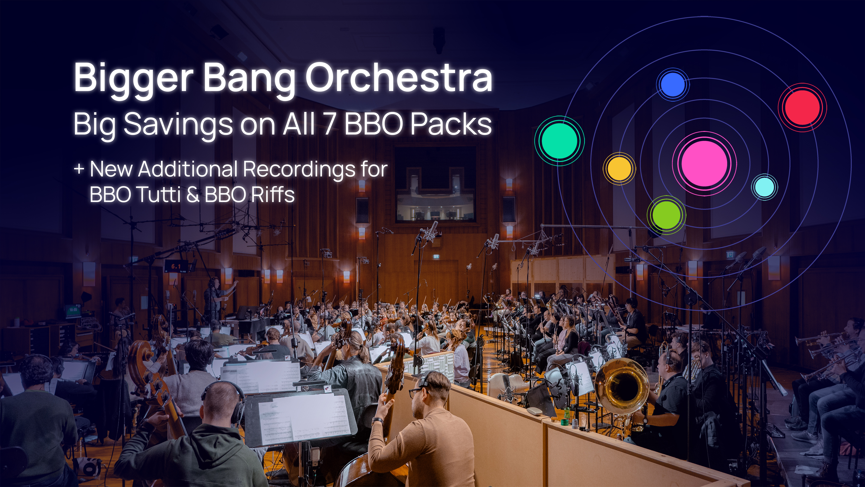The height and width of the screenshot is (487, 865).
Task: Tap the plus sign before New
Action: click(79, 169)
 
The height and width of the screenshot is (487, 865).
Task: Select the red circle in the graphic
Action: click(802, 107)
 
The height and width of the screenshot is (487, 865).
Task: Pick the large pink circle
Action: click(704, 164)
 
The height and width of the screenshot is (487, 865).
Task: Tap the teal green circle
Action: click(559, 141)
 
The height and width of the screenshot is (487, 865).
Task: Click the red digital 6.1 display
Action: click(176, 267)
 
